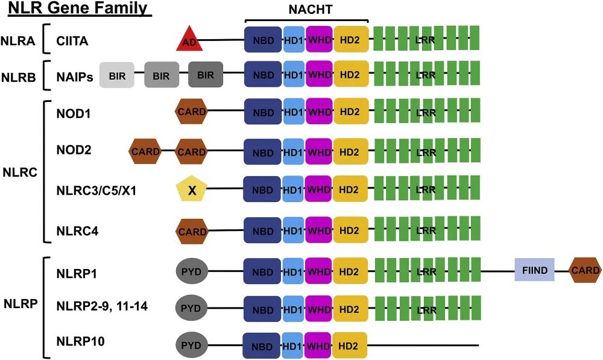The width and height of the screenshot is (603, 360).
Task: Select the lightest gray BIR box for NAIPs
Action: (116, 75)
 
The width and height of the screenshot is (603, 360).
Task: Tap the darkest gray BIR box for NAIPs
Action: (206, 75)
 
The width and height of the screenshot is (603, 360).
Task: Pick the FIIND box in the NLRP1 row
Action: (534, 271)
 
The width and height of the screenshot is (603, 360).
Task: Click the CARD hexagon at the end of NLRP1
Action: (586, 271)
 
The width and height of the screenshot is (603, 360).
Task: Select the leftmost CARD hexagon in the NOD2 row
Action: (145, 151)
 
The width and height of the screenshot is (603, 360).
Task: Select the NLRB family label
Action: (18, 75)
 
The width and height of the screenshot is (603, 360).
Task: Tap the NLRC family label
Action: (19, 172)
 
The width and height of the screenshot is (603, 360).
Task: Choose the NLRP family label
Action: (19, 306)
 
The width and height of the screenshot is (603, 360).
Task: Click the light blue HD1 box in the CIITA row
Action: (294, 41)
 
